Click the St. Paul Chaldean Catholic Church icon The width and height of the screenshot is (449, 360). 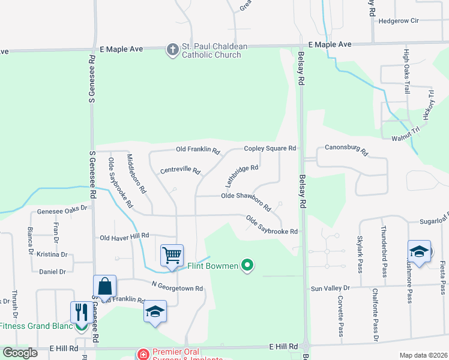[172, 49]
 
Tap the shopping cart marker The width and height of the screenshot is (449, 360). [172, 255]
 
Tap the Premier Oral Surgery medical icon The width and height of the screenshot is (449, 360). [143, 355]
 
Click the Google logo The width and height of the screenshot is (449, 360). [19, 353]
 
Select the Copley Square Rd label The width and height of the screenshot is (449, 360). [270, 148]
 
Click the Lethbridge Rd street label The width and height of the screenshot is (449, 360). [242, 176]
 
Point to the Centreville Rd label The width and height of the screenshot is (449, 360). [180, 171]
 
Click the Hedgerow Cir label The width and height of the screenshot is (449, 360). [398, 21]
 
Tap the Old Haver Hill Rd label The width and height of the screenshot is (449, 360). [124, 237]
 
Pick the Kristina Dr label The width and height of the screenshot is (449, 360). [52, 254]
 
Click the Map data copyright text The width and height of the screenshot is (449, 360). [423, 355]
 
